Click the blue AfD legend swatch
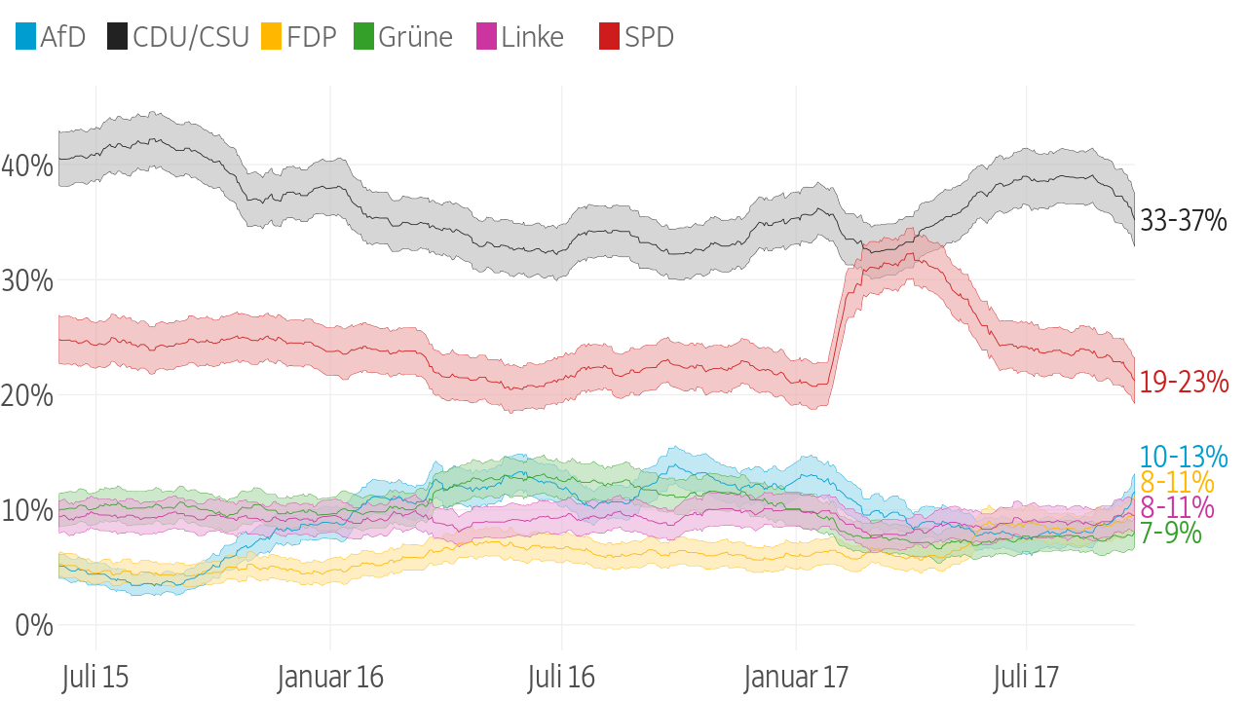pos(26,38)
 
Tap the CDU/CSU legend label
pos(191,38)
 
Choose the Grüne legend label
pos(415,38)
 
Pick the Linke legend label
pos(532,38)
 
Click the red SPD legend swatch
pos(609,38)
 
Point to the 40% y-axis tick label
pos(27,166)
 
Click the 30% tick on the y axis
pos(27,280)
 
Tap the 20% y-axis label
pos(27,395)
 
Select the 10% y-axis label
pos(27,510)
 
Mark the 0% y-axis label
pos(33,625)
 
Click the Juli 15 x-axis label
pos(94,678)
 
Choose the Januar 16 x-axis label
pos(330,678)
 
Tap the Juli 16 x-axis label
pos(561,678)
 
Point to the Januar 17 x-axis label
pos(796,678)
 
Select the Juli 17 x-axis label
pos(1026,678)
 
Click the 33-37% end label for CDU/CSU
pos(1184,222)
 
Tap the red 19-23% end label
pos(1184,383)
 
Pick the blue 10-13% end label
pos(1184,457)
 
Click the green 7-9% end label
pos(1170,534)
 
